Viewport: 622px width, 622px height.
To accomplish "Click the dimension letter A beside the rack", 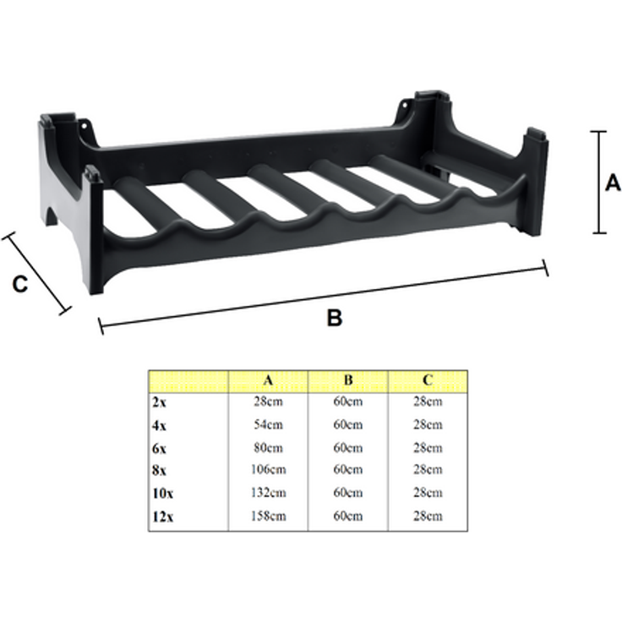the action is click(613, 183).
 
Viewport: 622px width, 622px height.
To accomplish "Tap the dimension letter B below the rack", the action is click(335, 318).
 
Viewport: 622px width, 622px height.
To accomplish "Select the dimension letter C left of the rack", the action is click(20, 284).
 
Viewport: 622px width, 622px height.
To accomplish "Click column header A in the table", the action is click(268, 380).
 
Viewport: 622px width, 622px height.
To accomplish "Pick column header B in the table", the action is click(348, 380).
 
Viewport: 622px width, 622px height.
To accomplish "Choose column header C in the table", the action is click(428, 380).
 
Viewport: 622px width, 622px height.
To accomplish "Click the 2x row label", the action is click(159, 401).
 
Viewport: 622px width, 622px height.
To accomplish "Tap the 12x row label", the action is click(162, 516).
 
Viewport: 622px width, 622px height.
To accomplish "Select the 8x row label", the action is click(159, 470).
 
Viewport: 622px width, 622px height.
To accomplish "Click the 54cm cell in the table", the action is click(268, 424).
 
